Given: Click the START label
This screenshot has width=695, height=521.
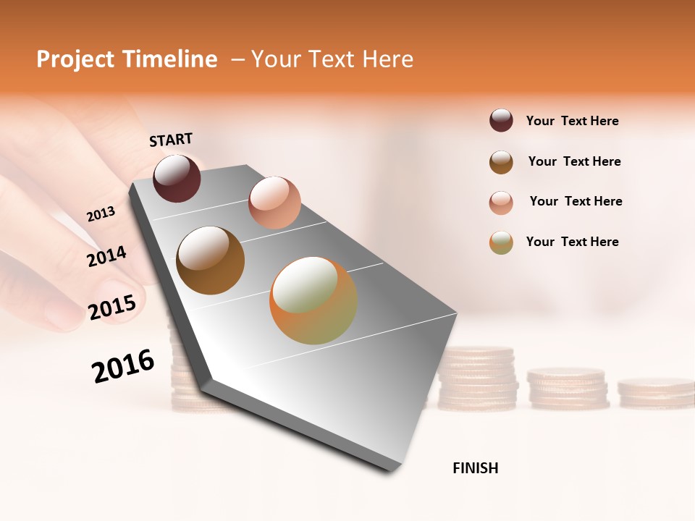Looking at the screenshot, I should pos(171,140).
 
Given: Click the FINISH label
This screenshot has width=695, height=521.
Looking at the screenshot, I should pos(475,468).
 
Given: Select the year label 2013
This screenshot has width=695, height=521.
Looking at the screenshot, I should pos(101,214).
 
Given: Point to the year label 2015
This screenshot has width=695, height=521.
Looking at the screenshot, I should pos(112,308).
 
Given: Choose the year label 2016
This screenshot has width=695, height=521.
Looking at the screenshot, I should pos(123,365).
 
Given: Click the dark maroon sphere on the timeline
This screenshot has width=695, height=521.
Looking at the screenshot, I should pos(177,178).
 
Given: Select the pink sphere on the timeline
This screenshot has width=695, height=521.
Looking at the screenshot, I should pos(274,202).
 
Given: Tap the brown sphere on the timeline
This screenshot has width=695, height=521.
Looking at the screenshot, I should pos(210,260).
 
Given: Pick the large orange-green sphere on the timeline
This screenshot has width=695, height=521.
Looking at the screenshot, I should pos(313,300).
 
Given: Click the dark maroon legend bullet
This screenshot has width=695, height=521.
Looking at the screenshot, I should pos(501,120).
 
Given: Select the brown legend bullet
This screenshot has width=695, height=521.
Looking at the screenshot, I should pos(501,162).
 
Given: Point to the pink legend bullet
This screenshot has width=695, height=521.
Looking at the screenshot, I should pos(501,203).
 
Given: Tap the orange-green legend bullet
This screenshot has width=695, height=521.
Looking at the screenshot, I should pos(501,242).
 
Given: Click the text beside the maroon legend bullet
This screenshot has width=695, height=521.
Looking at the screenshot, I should pos(572,121).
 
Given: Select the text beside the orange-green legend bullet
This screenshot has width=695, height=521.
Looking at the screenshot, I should pos(572,242).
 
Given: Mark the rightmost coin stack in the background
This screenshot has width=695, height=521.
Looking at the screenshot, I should pos(656,391).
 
